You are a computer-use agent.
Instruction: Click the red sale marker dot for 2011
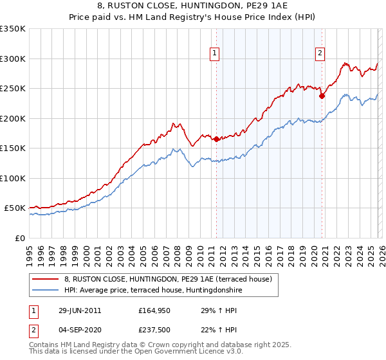(x=216, y=139)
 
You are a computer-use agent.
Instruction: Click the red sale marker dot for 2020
(x=321, y=96)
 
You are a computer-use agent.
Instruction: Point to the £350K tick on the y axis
(x=14, y=29)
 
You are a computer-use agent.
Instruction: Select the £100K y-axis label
(x=14, y=178)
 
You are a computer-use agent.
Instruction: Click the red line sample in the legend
(x=46, y=279)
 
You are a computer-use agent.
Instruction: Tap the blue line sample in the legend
(x=46, y=290)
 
